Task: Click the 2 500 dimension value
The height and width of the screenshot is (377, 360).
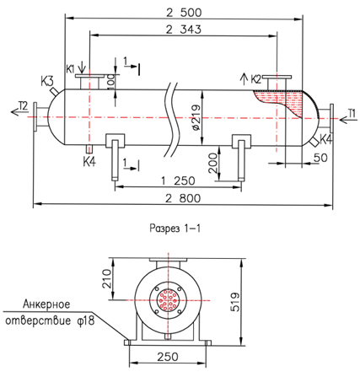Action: coord(184,13)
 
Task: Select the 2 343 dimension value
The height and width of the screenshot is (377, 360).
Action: coord(184,30)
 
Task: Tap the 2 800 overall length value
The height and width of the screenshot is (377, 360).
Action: coord(183,198)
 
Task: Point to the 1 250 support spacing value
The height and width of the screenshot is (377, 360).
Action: coord(178,180)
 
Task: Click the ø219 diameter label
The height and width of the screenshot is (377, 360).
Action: coord(196,117)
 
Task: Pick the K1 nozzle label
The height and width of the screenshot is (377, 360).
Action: coord(71,69)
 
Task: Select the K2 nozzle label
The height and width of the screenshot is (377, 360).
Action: coord(256,79)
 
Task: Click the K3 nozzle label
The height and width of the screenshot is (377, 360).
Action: coord(46,82)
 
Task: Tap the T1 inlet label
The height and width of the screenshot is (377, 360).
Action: coord(352,114)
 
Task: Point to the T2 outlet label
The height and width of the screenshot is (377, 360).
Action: coord(24,106)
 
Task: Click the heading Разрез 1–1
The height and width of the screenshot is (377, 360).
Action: coord(175,229)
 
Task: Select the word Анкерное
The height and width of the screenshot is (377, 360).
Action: coord(46,304)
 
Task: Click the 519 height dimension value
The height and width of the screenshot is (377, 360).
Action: coord(235,302)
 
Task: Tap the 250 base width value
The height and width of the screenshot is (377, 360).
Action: coord(168,357)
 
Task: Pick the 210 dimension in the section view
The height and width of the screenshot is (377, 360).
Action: coord(106,279)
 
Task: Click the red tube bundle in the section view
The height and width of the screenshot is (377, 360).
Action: coord(168,300)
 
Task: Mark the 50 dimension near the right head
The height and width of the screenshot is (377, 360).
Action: coord(320,158)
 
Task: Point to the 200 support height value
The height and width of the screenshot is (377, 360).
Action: coord(213,163)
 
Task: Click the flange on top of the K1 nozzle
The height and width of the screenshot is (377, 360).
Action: coord(89,76)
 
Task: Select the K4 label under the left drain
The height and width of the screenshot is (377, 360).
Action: coord(89,162)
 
